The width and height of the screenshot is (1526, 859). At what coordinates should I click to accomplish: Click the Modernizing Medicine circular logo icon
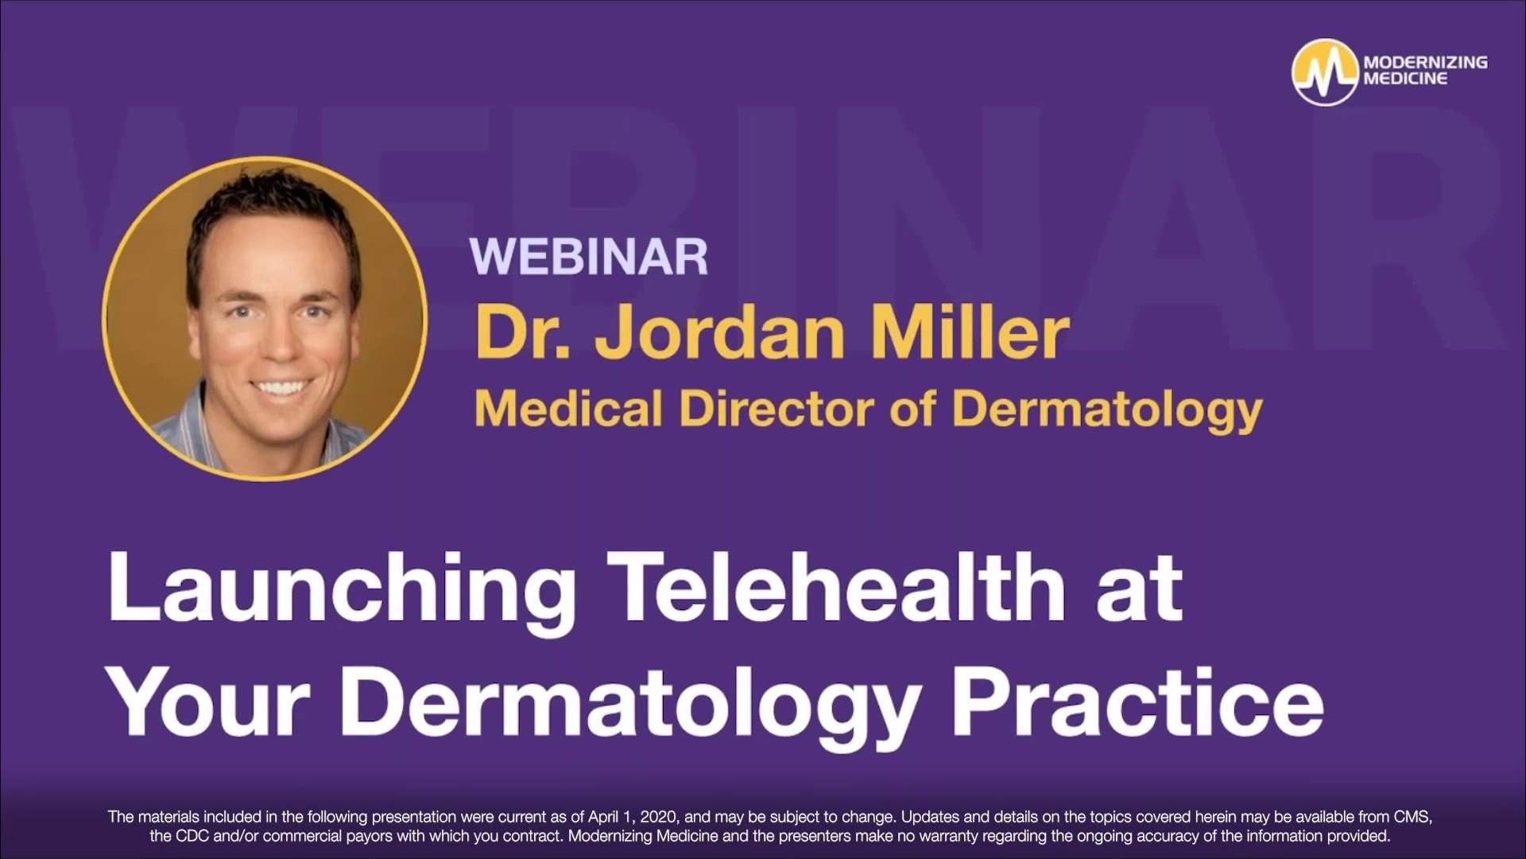[x=1324, y=72]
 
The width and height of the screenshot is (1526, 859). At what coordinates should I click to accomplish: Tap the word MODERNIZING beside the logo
[x=1425, y=62]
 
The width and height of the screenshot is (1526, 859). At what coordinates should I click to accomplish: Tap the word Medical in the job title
[x=567, y=409]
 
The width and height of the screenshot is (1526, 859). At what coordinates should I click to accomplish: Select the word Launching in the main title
[x=342, y=590]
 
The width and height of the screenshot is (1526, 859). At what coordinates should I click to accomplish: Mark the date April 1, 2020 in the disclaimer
[x=633, y=817]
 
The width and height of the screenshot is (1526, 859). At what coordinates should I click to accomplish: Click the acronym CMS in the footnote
[x=1412, y=817]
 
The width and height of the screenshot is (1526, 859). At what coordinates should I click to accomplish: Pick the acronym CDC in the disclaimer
[x=191, y=836]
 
